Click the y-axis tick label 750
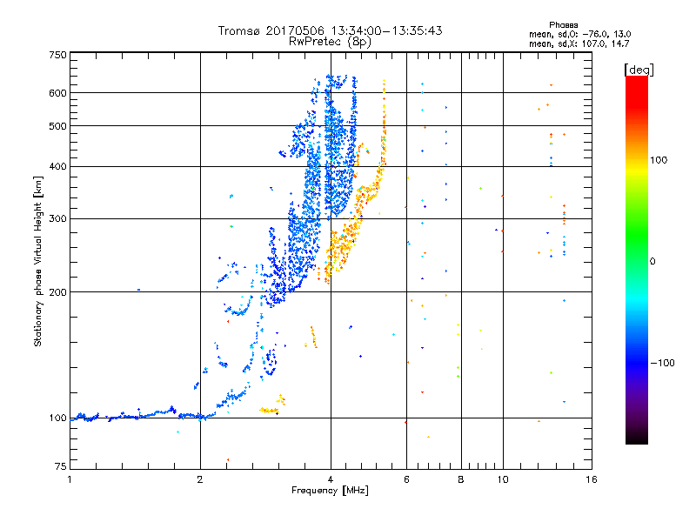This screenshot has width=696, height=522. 57,55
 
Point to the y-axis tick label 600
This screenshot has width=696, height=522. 57,93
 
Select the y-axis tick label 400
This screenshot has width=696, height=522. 57,167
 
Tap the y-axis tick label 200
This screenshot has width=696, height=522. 57,292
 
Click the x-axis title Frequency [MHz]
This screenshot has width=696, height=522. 330,491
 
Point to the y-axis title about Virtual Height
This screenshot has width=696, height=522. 38,261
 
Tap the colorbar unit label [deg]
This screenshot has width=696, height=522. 639,69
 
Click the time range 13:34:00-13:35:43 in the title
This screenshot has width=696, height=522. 379,30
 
